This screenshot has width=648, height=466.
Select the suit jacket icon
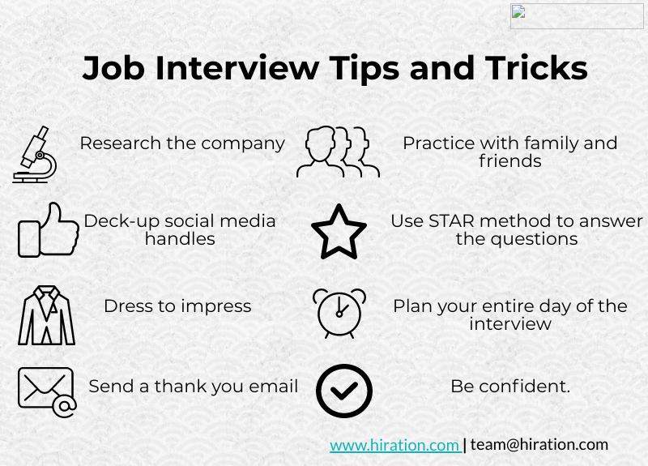(46, 315)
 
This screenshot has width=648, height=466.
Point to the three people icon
(337, 152)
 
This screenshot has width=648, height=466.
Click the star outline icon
(339, 232)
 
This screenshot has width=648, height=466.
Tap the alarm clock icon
(339, 312)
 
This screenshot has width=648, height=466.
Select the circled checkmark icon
(343, 390)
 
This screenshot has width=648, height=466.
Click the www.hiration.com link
(394, 444)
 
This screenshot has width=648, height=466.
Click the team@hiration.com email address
(539, 444)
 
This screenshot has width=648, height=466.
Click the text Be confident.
(510, 387)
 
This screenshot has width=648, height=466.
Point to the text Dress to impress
(177, 306)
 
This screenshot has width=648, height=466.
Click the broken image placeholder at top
(577, 16)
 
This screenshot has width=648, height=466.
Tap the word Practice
(438, 143)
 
